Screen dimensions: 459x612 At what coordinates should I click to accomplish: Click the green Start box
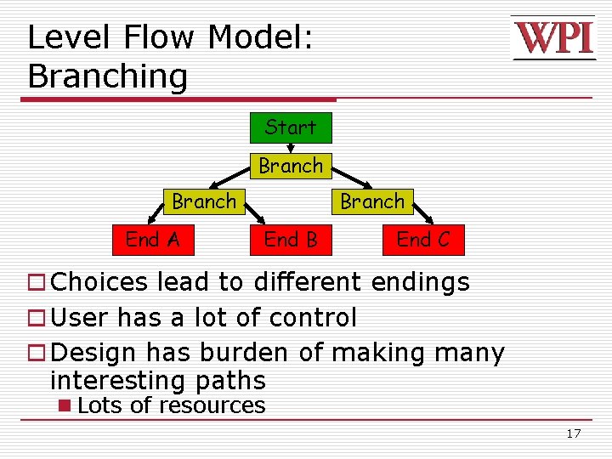[x=290, y=127]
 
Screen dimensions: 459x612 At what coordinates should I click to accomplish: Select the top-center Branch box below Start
[x=290, y=166]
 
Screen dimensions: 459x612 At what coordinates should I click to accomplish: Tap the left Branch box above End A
[x=204, y=201]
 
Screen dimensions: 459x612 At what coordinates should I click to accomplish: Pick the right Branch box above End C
[x=372, y=201]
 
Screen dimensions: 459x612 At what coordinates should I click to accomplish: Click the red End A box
[x=152, y=240]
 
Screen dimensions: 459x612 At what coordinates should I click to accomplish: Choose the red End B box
[x=290, y=240]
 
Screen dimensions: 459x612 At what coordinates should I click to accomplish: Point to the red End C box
[x=422, y=240]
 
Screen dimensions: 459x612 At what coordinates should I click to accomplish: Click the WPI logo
[x=553, y=38]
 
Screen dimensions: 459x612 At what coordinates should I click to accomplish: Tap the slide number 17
[x=573, y=434]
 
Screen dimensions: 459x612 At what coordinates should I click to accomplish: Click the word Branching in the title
[x=107, y=76]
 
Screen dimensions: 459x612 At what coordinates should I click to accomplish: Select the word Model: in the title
[x=261, y=38]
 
